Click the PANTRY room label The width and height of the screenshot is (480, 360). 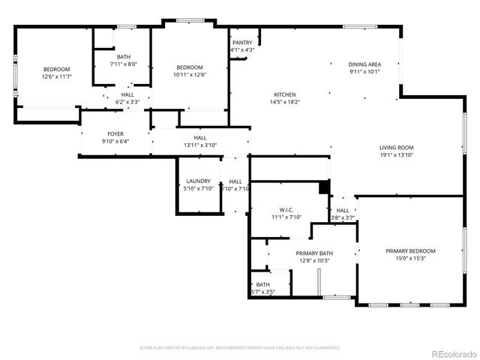click(242, 43)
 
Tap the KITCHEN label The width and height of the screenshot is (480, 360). click(283, 94)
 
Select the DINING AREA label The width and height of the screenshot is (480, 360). click(364, 64)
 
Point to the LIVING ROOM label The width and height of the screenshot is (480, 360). click(397, 147)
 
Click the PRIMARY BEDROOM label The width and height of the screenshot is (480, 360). click(410, 250)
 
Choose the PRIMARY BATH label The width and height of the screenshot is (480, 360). click(314, 253)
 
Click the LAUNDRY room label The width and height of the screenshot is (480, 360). click(199, 181)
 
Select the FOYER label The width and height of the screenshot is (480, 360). click(115, 133)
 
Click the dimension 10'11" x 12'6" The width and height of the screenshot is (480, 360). click(189, 74)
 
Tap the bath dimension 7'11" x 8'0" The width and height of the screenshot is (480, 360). click(123, 64)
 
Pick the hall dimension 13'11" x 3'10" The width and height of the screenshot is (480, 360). click(200, 145)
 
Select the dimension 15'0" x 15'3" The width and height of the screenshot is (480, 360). click(410, 258)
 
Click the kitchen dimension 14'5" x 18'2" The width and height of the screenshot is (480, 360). click(283, 102)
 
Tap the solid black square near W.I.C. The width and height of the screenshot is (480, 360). click(324, 187)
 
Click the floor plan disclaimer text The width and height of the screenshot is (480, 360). click(240, 347)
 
